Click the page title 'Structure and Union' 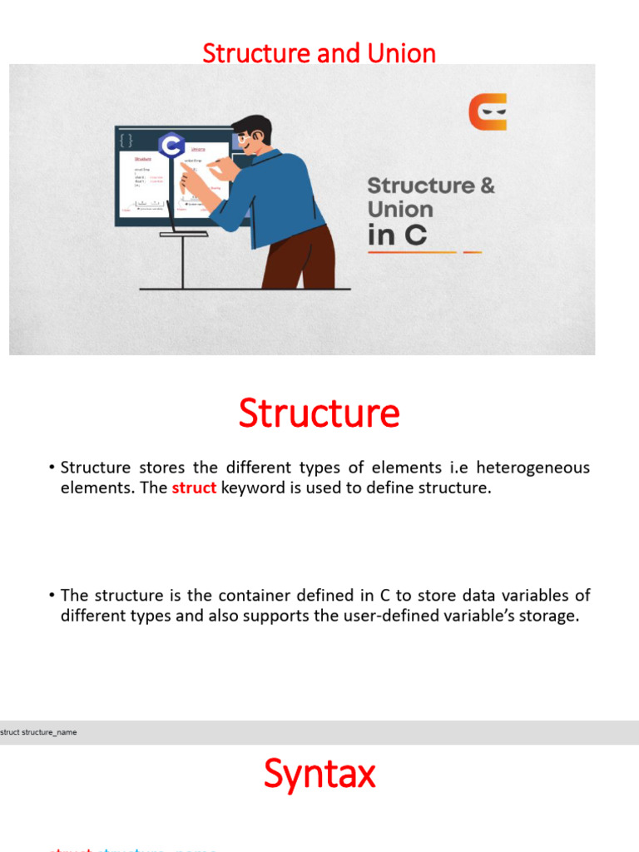(x=319, y=53)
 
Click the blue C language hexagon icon (x=171, y=146)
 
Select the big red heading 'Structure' (x=319, y=414)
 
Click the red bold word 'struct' (x=194, y=488)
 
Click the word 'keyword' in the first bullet (x=253, y=488)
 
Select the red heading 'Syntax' (x=319, y=774)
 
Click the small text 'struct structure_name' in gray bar (x=38, y=732)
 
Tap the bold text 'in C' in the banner (x=397, y=235)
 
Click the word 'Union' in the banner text (x=400, y=209)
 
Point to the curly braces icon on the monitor (x=126, y=139)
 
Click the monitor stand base (x=183, y=234)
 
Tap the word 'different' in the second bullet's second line (x=93, y=617)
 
